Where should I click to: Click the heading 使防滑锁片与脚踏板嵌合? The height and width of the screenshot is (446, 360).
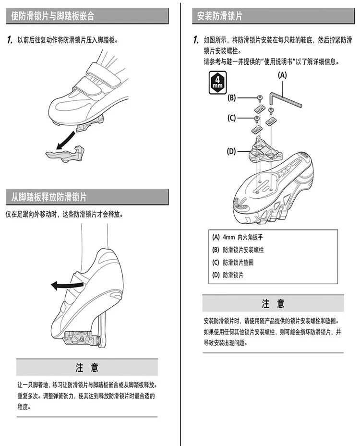(x=53, y=16)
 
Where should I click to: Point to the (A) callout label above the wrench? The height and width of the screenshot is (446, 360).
(x=282, y=75)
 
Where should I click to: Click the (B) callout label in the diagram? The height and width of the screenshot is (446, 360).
(x=232, y=98)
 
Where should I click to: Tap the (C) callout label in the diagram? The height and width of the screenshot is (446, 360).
(x=232, y=118)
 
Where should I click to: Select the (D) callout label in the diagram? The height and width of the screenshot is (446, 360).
(x=232, y=151)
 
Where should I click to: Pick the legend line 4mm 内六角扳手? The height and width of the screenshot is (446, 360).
(x=238, y=237)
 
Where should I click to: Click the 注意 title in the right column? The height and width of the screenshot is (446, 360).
(x=273, y=303)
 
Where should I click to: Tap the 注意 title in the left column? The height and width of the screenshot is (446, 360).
(x=87, y=368)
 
